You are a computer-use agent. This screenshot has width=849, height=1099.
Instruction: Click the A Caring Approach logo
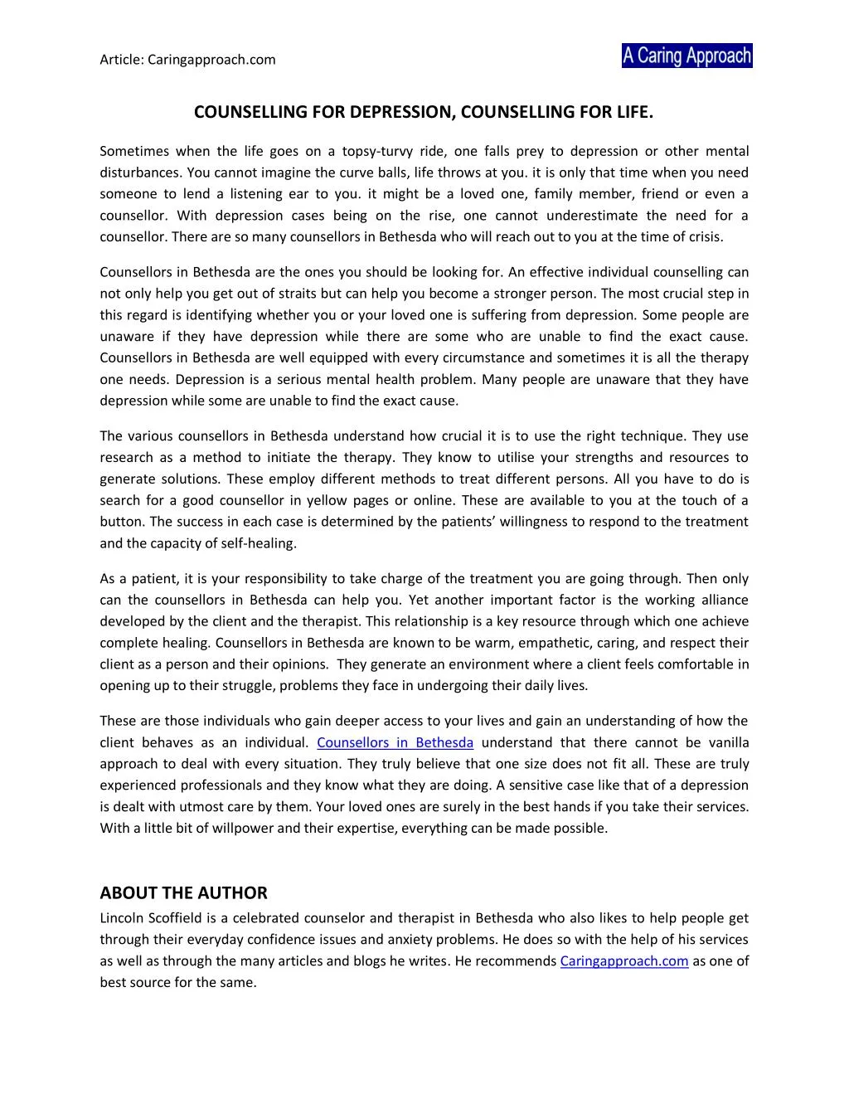(686, 56)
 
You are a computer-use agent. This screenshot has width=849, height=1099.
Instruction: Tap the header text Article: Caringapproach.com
(187, 60)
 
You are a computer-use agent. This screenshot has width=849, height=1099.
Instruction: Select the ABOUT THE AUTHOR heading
(183, 892)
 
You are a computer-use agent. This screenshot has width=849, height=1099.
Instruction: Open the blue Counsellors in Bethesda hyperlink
(395, 742)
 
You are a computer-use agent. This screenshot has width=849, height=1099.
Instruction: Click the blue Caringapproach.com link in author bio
(624, 960)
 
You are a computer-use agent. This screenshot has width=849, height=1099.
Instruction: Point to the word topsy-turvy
(382, 151)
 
